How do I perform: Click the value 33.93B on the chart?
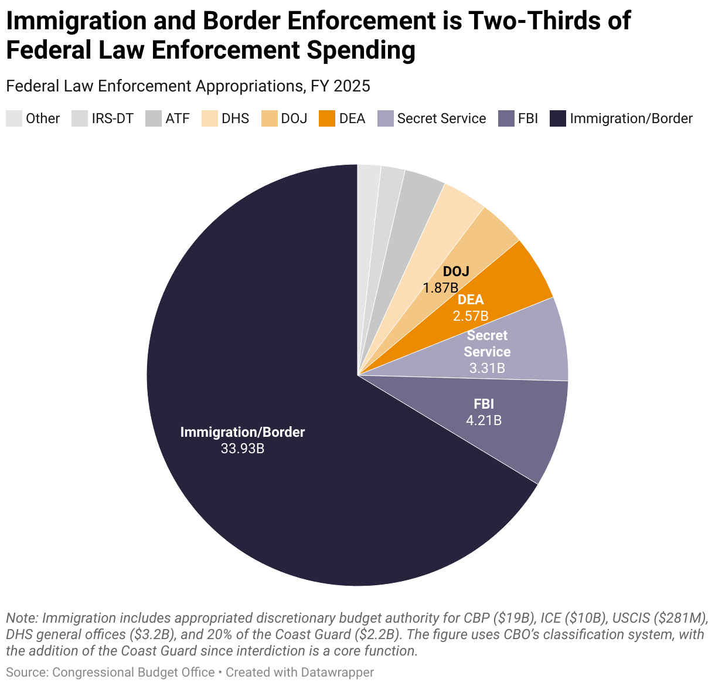(242, 449)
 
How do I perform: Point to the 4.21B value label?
(484, 420)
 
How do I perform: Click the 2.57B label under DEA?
(470, 316)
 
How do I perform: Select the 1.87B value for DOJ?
(441, 287)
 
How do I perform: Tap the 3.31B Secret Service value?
(487, 368)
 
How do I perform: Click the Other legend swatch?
(14, 118)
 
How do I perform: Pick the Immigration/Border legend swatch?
(558, 118)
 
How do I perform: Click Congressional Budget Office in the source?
(133, 673)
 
